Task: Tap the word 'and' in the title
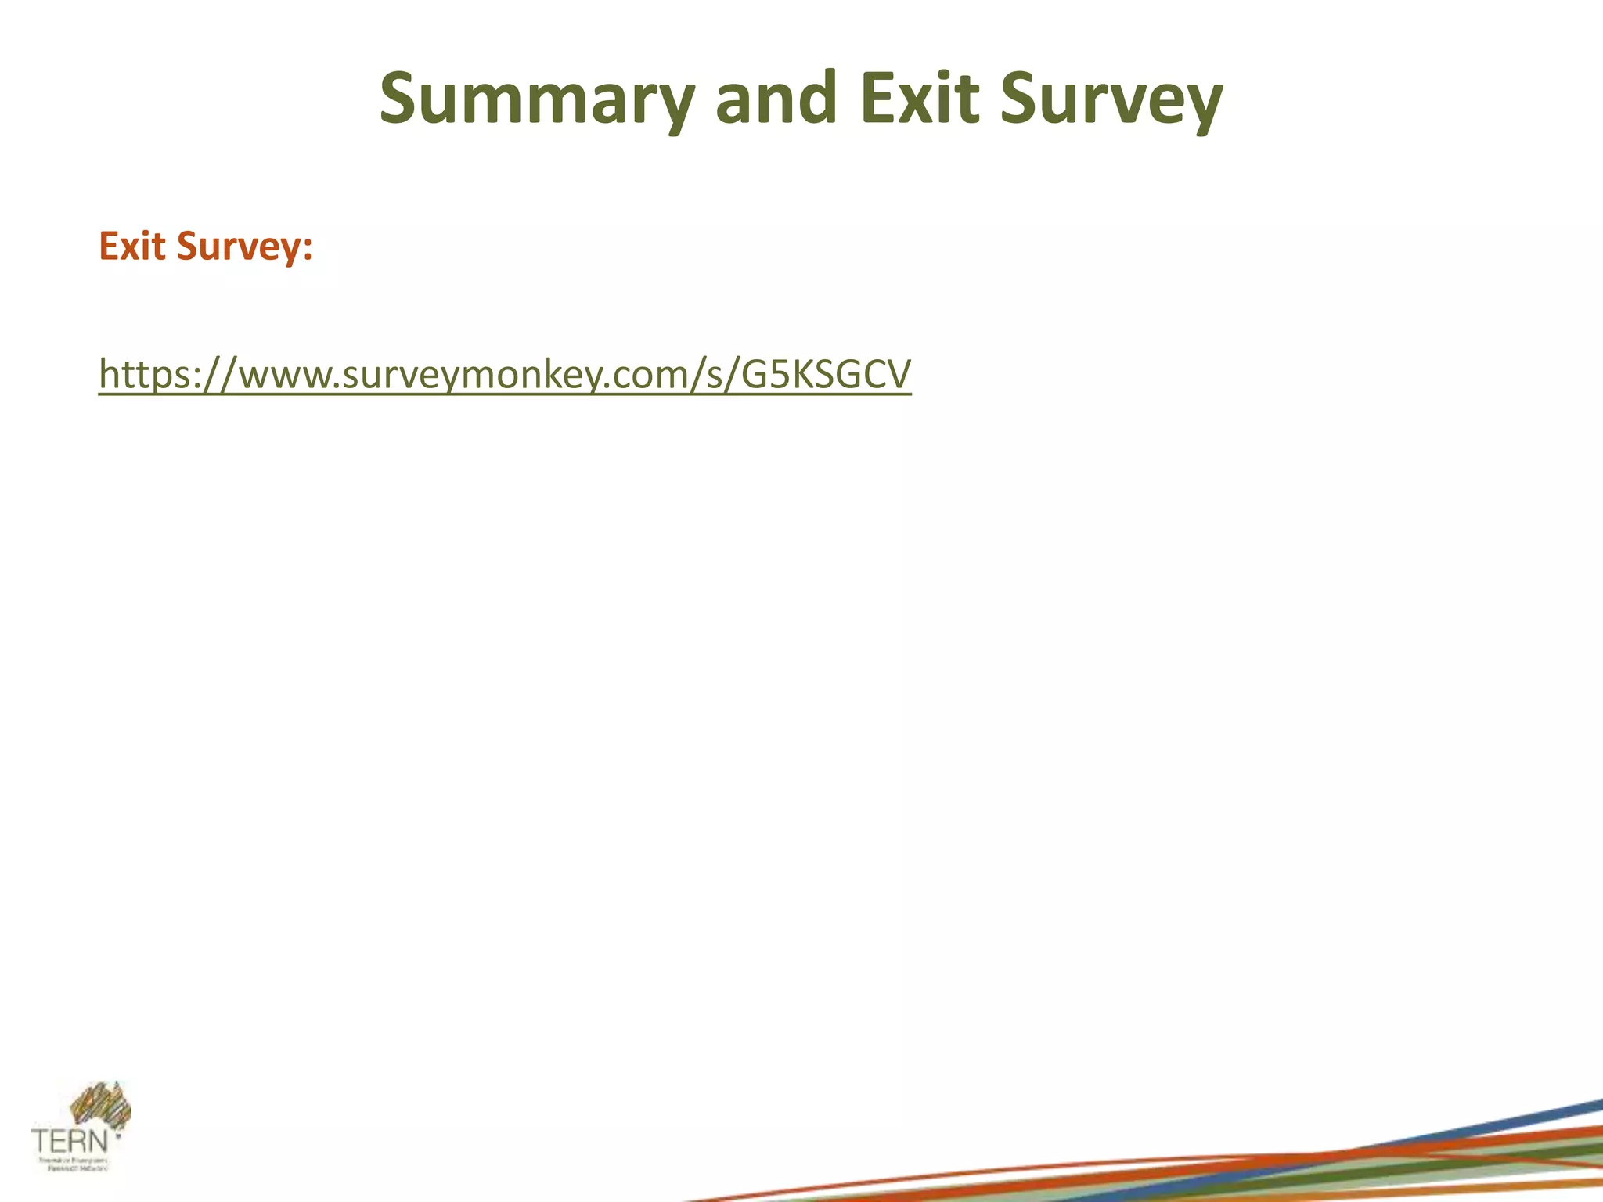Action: [x=776, y=99]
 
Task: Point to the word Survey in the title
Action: [x=1111, y=99]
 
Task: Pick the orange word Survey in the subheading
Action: [x=237, y=247]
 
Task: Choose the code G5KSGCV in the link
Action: [x=827, y=374]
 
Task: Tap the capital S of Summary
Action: [x=402, y=98]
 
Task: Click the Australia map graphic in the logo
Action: [x=100, y=1106]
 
